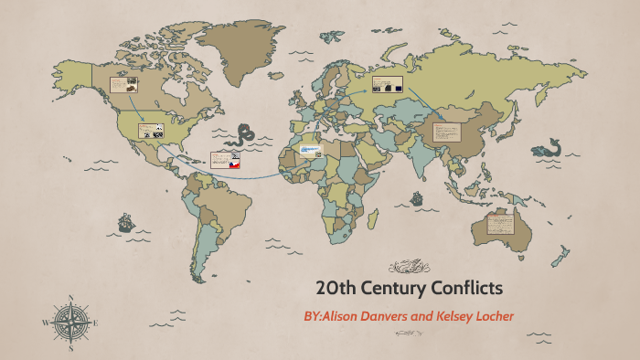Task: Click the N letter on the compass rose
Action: [x=70, y=298]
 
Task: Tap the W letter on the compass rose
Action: [x=45, y=323]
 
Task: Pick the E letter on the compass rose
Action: [x=96, y=323]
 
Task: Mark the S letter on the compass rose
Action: [x=70, y=348]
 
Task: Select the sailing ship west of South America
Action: [x=125, y=222]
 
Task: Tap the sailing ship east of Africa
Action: [x=418, y=197]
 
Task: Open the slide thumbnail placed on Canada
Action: [x=124, y=85]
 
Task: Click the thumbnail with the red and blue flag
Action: [x=225, y=161]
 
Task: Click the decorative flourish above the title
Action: [x=409, y=267]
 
